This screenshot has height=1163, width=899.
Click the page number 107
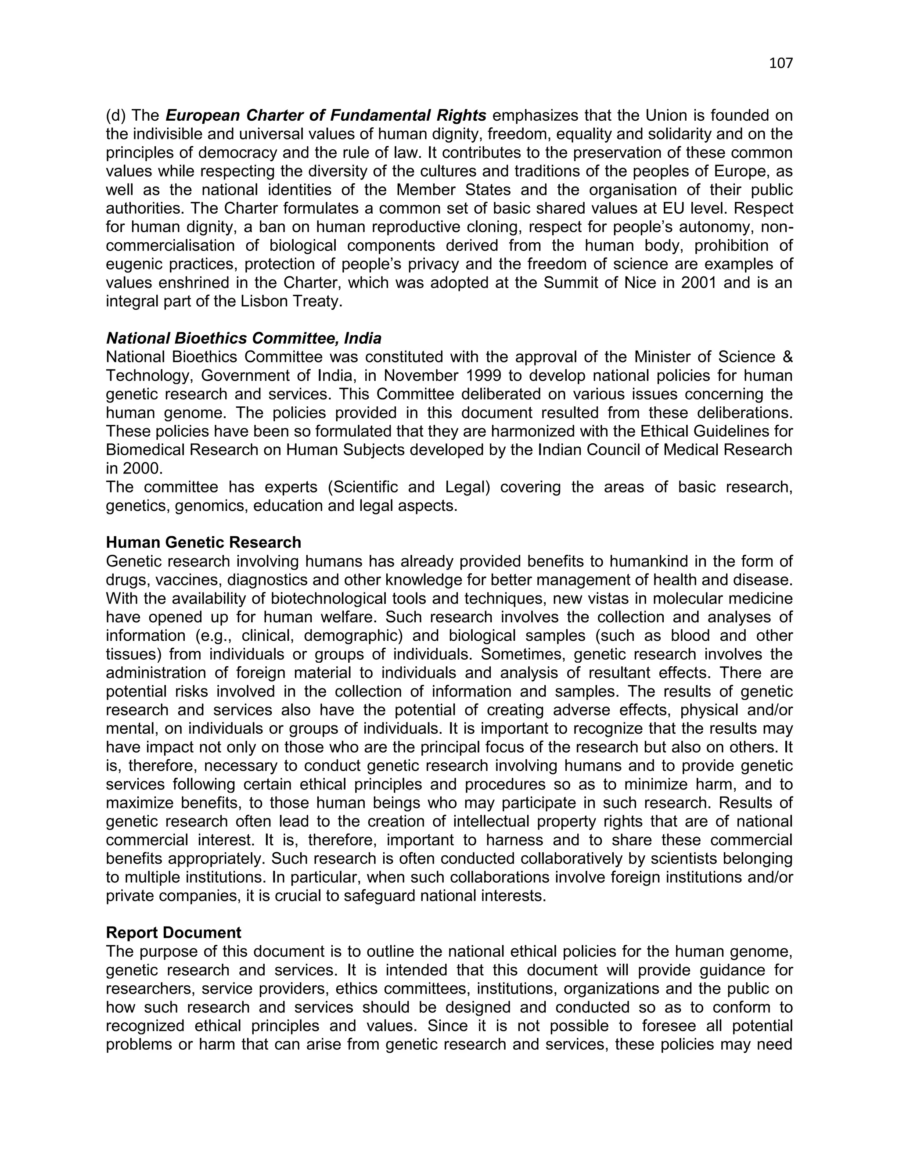[x=781, y=63]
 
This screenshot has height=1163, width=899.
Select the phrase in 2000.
[x=134, y=469]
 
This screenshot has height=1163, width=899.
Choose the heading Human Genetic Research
[x=203, y=542]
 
